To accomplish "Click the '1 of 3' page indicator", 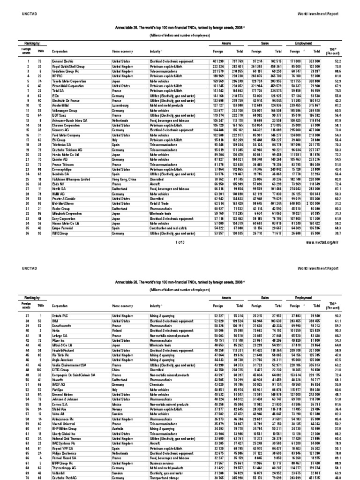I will (x=179, y=243).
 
